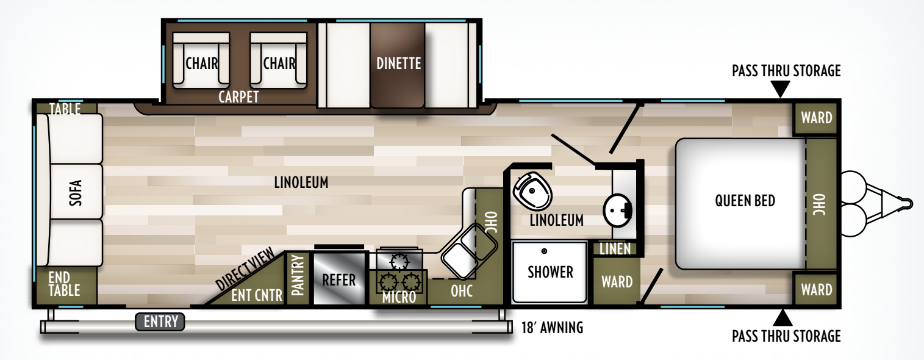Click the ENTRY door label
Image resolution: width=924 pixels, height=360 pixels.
tap(160, 322)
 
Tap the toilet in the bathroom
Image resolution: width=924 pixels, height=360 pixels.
tap(533, 189)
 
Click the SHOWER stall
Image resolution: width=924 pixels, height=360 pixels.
tap(550, 272)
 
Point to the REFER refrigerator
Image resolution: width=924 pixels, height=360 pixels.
tap(338, 279)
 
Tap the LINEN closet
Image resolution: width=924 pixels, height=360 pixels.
tap(615, 249)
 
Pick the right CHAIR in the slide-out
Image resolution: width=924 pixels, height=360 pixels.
tap(279, 63)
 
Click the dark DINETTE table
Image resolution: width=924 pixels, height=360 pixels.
tap(398, 63)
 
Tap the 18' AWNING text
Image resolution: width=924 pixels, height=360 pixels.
tap(553, 328)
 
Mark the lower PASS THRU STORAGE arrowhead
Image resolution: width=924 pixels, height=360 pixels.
tap(783, 317)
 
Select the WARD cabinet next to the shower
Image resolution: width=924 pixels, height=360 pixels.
tap(617, 282)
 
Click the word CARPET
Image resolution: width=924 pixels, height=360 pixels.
tap(238, 97)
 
